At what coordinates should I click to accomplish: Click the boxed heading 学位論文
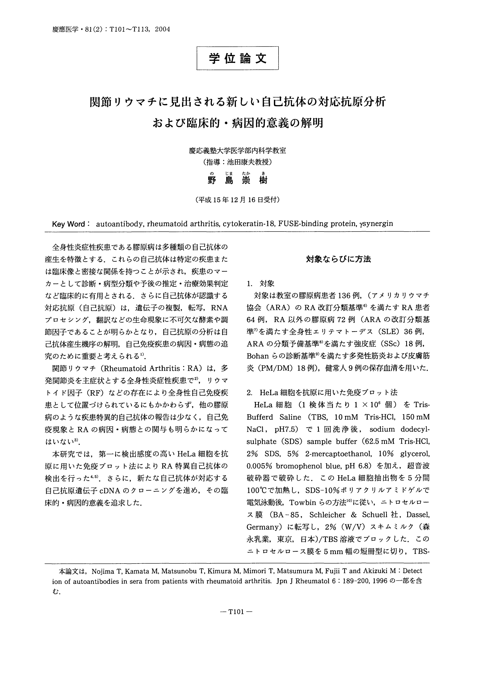(237, 58)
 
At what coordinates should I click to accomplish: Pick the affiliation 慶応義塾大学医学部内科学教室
(237, 151)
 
